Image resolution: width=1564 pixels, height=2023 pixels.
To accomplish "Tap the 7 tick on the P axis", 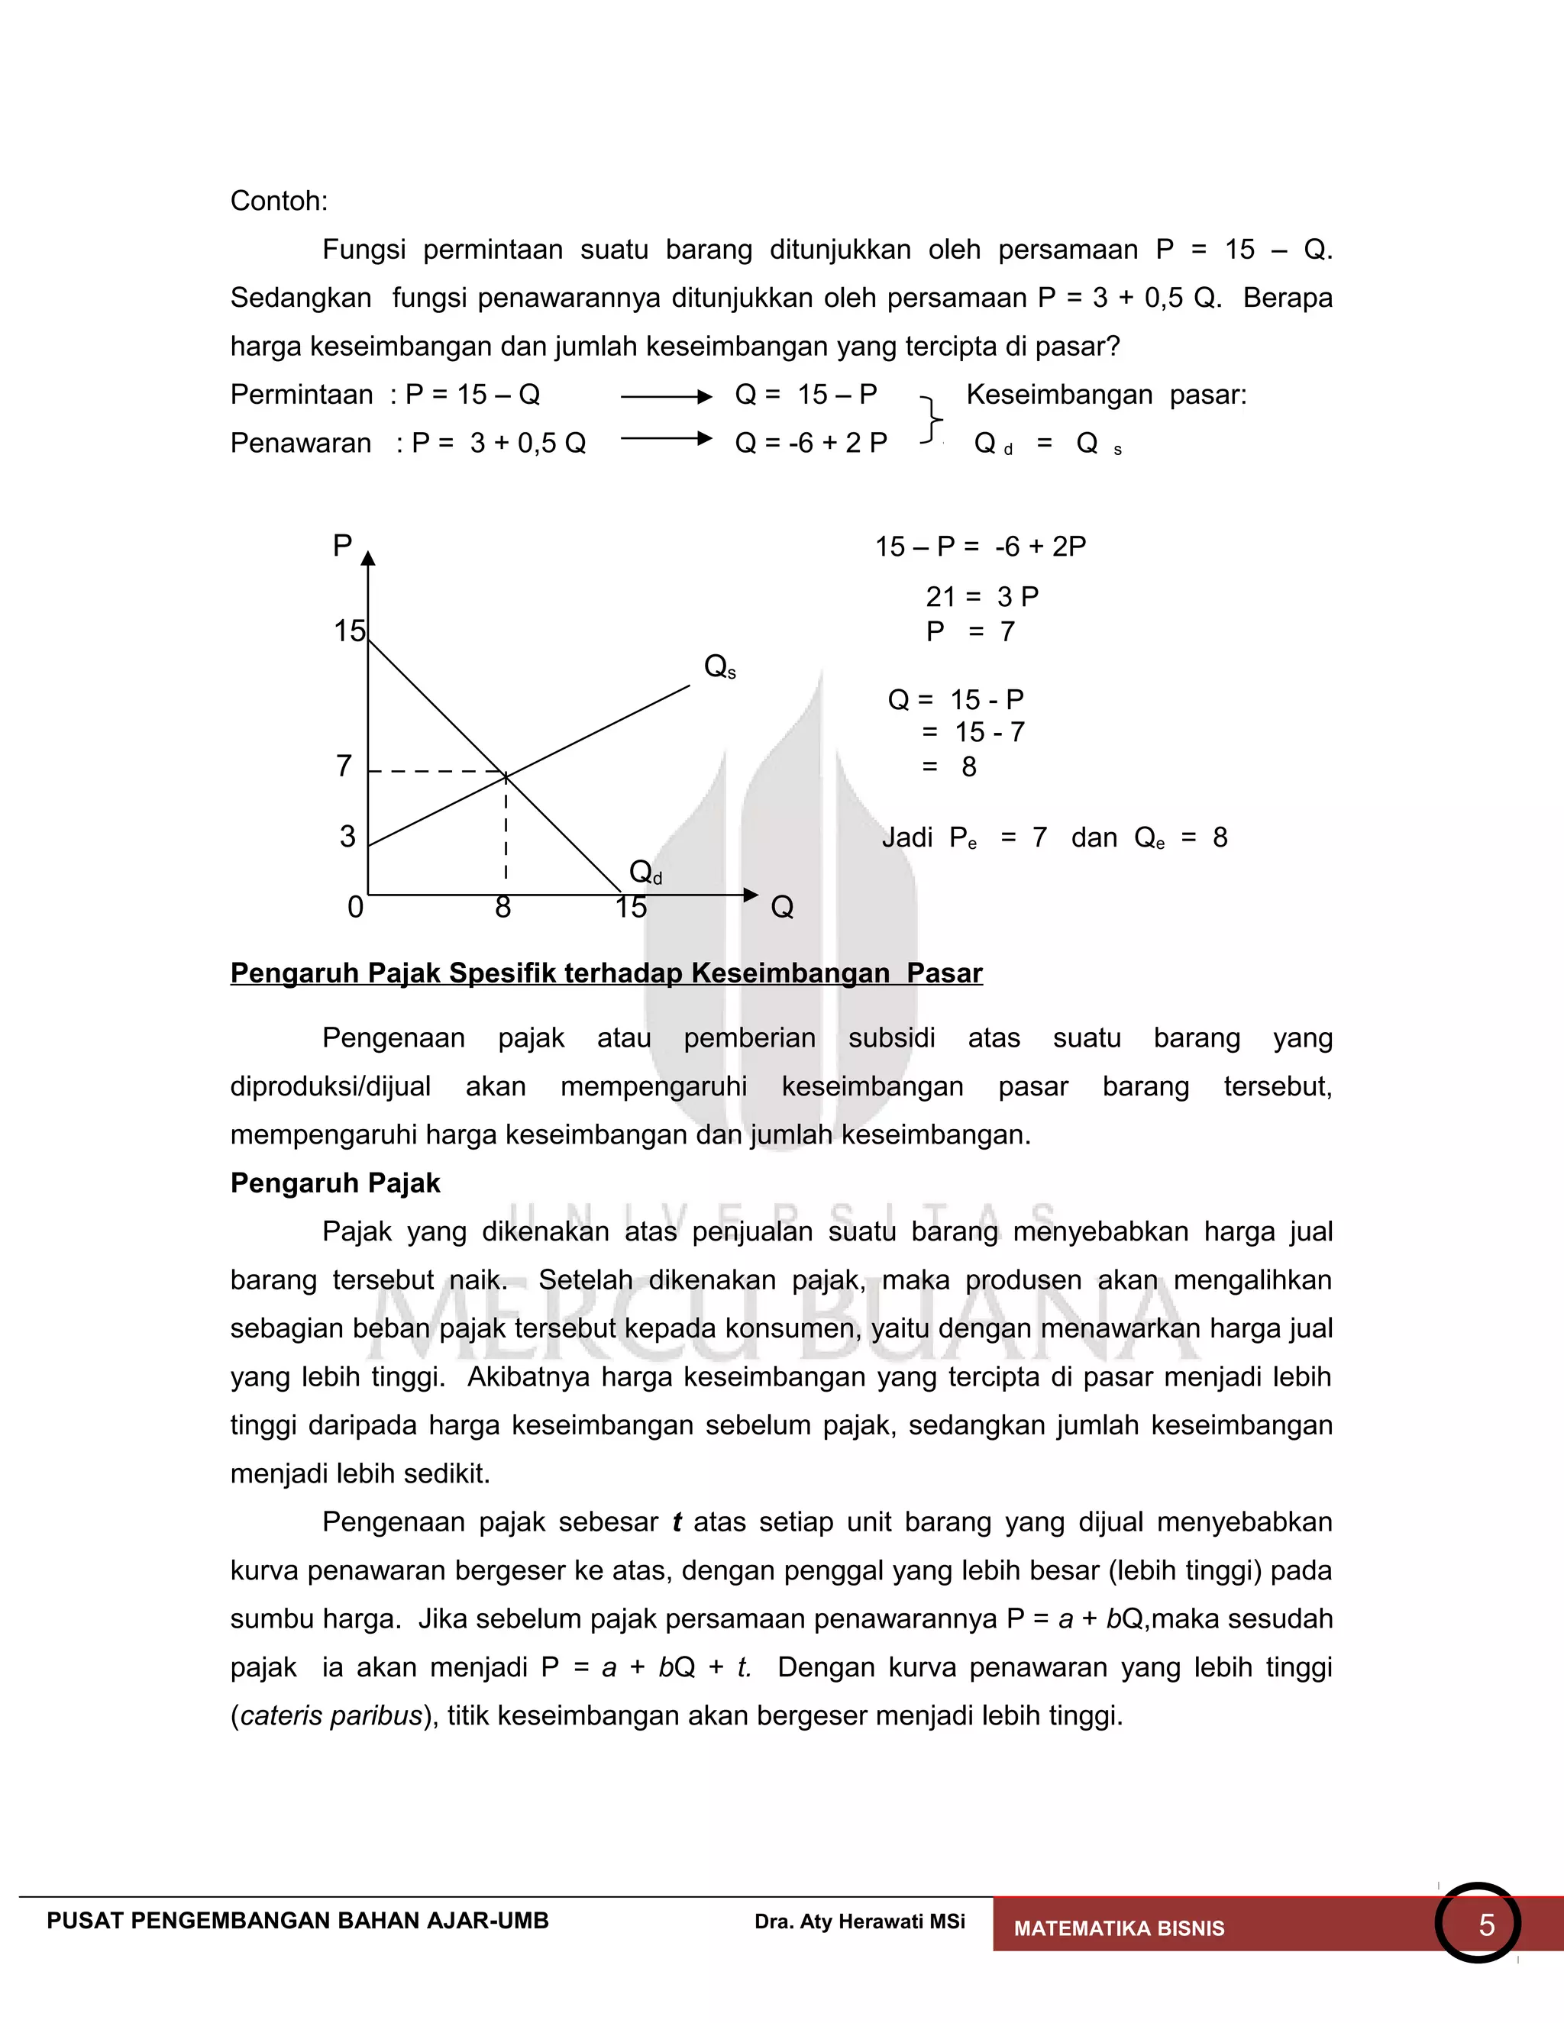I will (344, 766).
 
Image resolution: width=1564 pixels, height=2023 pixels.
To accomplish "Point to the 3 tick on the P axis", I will (347, 837).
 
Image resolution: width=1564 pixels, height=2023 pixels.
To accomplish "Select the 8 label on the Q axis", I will (503, 907).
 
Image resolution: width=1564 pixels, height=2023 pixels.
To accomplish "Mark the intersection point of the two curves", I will (506, 773).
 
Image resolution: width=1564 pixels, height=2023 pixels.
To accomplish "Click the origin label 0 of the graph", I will (355, 907).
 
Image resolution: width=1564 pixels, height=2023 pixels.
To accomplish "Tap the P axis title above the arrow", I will (342, 546).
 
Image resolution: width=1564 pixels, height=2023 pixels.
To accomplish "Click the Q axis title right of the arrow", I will (782, 907).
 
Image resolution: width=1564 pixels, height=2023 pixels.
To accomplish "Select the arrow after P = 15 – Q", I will (665, 396).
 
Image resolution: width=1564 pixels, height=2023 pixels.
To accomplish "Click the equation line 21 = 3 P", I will (982, 596).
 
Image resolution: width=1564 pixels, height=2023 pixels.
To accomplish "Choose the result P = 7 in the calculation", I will (970, 632).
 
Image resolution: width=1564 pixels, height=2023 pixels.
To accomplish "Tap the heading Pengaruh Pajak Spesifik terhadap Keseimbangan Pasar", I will (606, 973).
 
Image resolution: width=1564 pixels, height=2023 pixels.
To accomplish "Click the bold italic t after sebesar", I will (677, 1522).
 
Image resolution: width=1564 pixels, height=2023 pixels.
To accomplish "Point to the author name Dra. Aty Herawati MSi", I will (859, 1921).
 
